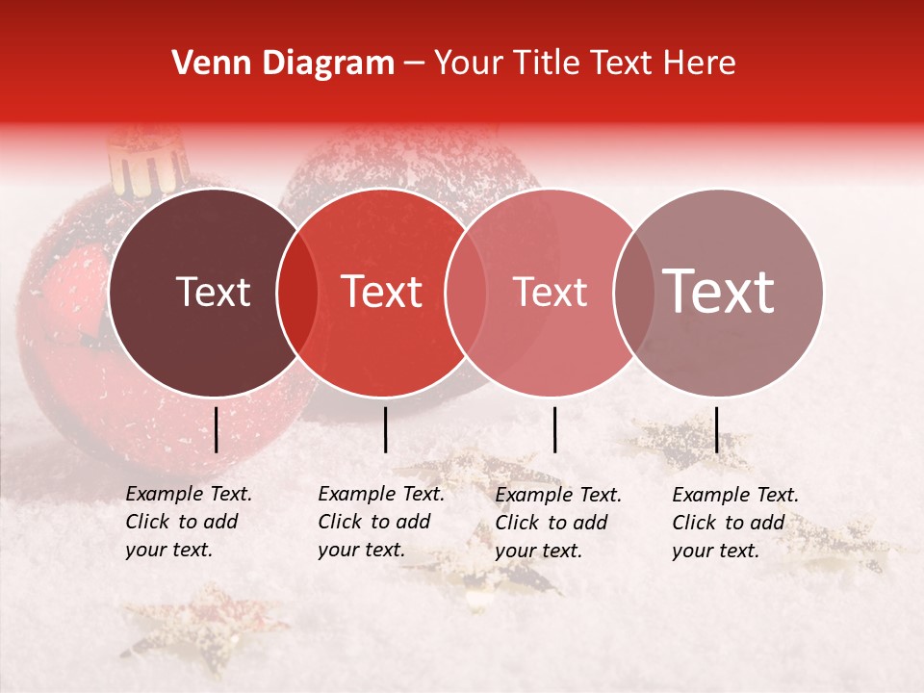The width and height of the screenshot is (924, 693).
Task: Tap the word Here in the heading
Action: click(704, 64)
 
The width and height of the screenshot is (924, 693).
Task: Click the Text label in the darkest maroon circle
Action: click(213, 292)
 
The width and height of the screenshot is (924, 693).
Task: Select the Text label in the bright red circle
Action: click(382, 292)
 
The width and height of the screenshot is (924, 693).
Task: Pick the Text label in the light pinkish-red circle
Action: click(550, 292)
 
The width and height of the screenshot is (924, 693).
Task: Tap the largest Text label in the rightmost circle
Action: click(719, 292)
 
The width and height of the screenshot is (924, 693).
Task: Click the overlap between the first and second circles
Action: click(297, 293)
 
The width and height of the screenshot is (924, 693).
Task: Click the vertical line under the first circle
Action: click(217, 429)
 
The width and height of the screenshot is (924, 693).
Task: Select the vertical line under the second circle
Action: click(385, 429)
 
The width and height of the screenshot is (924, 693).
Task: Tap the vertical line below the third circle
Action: click(555, 429)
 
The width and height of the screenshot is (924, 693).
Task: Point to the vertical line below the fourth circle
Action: click(716, 429)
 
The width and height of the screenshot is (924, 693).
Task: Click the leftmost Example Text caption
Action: click(188, 522)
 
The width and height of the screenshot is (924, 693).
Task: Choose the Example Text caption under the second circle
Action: click(380, 522)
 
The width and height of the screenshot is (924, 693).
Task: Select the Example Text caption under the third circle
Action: click(557, 522)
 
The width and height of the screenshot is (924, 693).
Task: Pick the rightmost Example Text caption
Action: click(734, 522)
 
